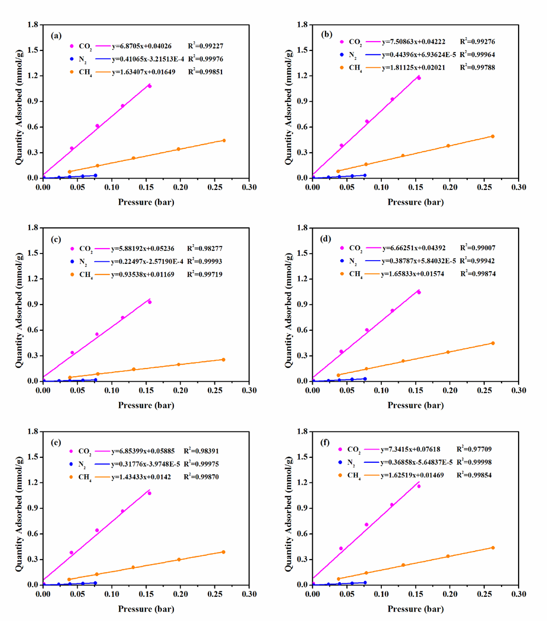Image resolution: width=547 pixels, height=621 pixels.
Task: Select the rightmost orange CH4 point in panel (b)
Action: (492, 136)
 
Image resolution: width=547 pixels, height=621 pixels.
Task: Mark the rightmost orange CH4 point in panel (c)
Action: (223, 359)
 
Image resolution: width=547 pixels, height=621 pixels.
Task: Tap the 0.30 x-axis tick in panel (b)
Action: (519, 188)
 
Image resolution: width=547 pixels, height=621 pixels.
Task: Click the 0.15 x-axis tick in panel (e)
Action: (146, 594)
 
